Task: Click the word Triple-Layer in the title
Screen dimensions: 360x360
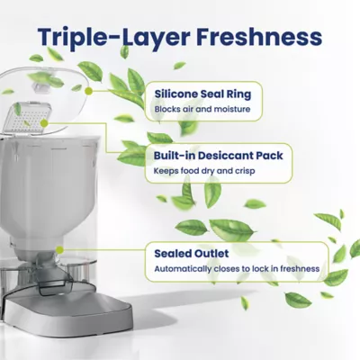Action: [x=114, y=37]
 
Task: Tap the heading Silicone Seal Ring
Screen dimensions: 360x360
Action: [x=202, y=94]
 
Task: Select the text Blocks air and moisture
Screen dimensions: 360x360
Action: [x=202, y=109]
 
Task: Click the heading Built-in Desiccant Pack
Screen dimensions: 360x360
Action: [x=219, y=156]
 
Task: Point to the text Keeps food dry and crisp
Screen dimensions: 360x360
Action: [x=204, y=171]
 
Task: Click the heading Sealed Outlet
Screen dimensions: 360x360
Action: [x=192, y=254]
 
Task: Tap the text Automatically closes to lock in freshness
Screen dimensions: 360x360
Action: [x=237, y=268]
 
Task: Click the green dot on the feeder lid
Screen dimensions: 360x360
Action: [x=88, y=91]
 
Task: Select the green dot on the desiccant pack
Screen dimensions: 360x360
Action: [x=44, y=123]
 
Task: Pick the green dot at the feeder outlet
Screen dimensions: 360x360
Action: [x=59, y=249]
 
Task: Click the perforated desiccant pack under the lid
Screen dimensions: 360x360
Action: [x=28, y=118]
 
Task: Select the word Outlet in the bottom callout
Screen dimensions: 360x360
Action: [x=211, y=254]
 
